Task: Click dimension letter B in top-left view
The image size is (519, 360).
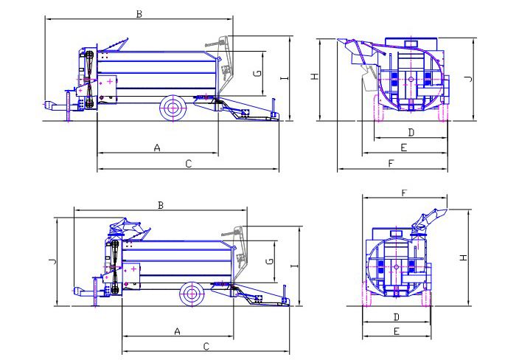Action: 139,14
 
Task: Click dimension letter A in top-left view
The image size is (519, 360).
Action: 157,148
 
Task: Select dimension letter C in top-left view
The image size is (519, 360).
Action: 188,164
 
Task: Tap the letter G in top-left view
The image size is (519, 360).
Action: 258,73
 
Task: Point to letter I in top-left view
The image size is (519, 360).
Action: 285,78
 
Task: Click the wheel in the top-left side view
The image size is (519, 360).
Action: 173,108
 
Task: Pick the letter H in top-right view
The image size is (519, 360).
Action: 315,77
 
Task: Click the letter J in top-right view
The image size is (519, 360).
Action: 468,78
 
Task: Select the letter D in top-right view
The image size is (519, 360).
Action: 411,133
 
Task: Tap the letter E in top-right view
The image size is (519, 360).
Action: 403,148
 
